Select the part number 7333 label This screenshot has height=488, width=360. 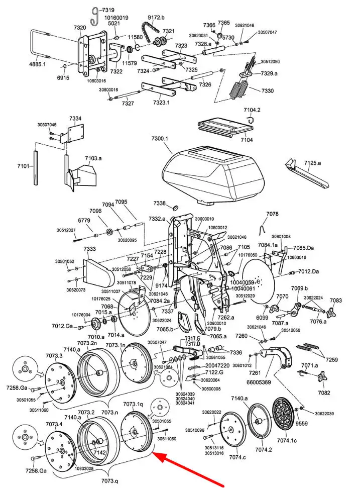[90, 249]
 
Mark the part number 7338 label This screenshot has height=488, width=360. [160, 203]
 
